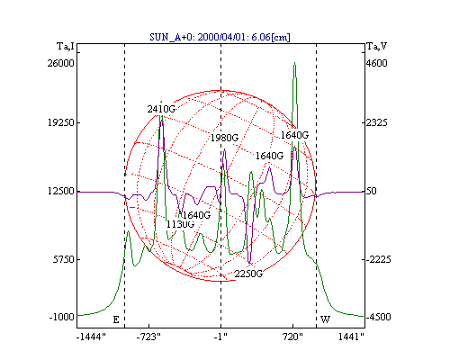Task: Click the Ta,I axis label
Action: pyautogui.click(x=66, y=46)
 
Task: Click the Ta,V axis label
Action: pyautogui.click(x=377, y=46)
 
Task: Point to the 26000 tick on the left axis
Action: pyautogui.click(x=60, y=63)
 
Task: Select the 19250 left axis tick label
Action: pyautogui.click(x=60, y=122)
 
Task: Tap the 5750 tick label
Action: pyautogui.click(x=63, y=259)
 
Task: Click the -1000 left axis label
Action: pyautogui.click(x=61, y=317)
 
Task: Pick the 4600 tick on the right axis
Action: pyautogui.click(x=377, y=63)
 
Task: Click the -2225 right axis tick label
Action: pyautogui.click(x=378, y=259)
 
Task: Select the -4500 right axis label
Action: pyautogui.click(x=378, y=317)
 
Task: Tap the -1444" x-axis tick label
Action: pyautogui.click(x=91, y=337)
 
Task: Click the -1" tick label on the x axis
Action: pyautogui.click(x=220, y=337)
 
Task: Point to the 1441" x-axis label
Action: pyautogui.click(x=351, y=337)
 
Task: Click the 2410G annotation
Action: pyautogui.click(x=161, y=109)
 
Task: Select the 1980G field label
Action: pyautogui.click(x=224, y=138)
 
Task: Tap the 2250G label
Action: pyautogui.click(x=248, y=274)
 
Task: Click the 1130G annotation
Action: pyautogui.click(x=180, y=224)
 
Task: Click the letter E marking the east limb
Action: pyautogui.click(x=116, y=319)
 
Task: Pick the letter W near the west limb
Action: pyautogui.click(x=326, y=319)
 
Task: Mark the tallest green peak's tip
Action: pyautogui.click(x=295, y=62)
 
